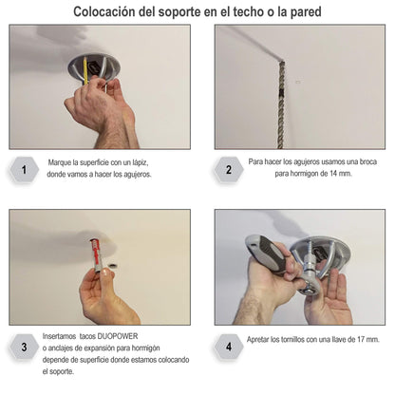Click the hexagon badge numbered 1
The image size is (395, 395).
click(24, 170)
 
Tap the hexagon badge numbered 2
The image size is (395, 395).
click(229, 170)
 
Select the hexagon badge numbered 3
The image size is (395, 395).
click(24, 347)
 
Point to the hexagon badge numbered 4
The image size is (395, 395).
click(229, 347)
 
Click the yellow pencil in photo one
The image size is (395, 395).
click(85, 71)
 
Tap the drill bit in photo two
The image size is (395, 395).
click(281, 104)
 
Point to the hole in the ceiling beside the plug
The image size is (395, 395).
click(113, 263)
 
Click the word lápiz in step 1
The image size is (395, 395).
click(141, 162)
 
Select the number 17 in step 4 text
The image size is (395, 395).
click(361, 339)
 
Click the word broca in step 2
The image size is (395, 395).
click(368, 161)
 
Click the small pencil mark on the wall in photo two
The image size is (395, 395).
click(297, 82)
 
